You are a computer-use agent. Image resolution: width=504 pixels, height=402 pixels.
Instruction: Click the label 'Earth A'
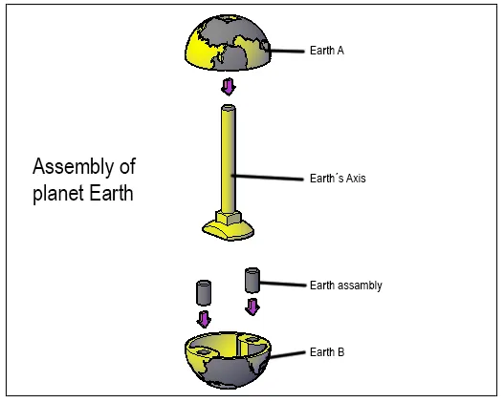pos(327,51)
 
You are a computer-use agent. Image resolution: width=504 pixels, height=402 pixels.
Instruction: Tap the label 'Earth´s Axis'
pos(338,178)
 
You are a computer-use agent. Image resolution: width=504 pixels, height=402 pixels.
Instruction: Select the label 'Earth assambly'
pos(346,286)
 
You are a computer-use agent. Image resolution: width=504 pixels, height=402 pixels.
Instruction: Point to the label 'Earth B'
pos(327,352)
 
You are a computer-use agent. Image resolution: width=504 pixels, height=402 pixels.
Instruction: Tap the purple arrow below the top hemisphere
pos(229,87)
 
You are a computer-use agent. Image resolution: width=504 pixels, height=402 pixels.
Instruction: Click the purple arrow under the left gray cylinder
pos(204,319)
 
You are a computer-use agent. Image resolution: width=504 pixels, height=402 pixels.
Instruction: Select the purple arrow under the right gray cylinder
pos(252,307)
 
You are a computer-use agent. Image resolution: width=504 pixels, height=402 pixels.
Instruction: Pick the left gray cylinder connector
pos(204,292)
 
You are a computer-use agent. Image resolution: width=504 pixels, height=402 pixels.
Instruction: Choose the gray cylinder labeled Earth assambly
pos(252,281)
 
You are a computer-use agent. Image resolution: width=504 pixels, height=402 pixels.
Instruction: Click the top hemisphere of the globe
pos(228,43)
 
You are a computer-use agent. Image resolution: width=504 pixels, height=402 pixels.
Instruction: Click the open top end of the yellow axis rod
pos(229,108)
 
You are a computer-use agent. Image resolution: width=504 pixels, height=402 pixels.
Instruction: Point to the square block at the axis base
pos(229,218)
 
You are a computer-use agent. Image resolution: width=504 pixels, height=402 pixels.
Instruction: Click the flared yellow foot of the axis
pos(229,231)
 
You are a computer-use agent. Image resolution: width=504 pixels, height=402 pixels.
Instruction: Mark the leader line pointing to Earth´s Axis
pos(268,177)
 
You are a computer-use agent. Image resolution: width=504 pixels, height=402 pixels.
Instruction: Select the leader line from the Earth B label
pos(288,354)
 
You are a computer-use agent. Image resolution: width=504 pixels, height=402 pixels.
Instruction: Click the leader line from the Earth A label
pos(285,51)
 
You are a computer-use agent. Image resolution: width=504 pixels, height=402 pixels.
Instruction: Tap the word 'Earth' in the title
pos(111,194)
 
